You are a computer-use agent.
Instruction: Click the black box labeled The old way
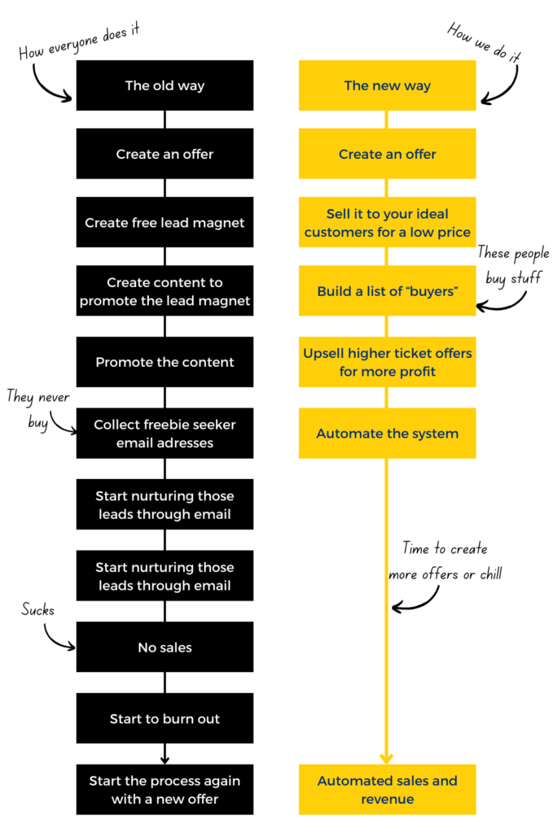pyautogui.click(x=165, y=85)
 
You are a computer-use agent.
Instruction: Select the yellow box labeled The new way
pyautogui.click(x=387, y=85)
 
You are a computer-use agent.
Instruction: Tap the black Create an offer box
pyautogui.click(x=165, y=154)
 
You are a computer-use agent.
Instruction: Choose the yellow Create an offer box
pyautogui.click(x=387, y=154)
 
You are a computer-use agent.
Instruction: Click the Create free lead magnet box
pyautogui.click(x=165, y=222)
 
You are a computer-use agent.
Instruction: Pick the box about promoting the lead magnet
pyautogui.click(x=165, y=291)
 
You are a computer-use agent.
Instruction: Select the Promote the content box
pyautogui.click(x=165, y=362)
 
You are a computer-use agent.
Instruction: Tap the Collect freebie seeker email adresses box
pyautogui.click(x=165, y=434)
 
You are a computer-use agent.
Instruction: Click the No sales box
pyautogui.click(x=165, y=648)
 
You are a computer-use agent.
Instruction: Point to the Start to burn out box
pyautogui.click(x=165, y=718)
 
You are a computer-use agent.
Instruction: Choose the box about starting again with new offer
pyautogui.click(x=165, y=789)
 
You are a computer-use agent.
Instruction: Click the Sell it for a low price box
pyautogui.click(x=387, y=222)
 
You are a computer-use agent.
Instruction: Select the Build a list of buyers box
pyautogui.click(x=387, y=291)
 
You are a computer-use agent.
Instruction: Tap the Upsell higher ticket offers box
pyautogui.click(x=387, y=362)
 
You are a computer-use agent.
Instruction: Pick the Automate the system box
pyautogui.click(x=387, y=434)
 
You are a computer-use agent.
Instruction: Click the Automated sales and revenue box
pyautogui.click(x=387, y=789)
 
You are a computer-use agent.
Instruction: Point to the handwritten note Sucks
pyautogui.click(x=37, y=610)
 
